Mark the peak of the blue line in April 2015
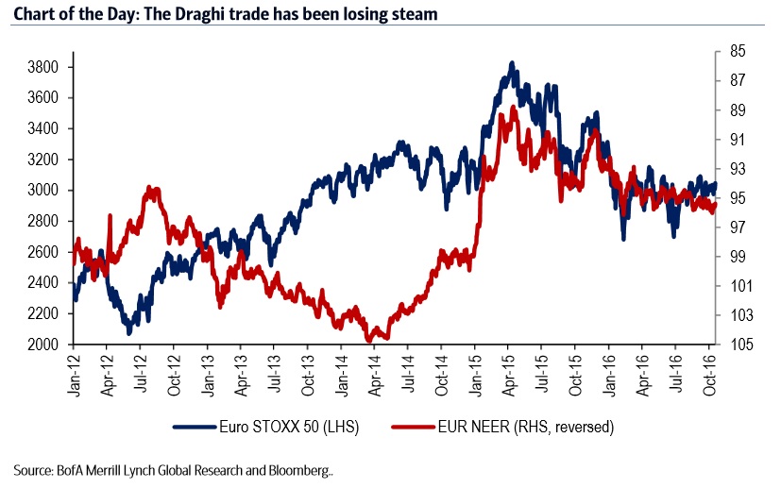point(511,63)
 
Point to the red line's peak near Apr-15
point(513,108)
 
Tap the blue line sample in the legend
point(194,428)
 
